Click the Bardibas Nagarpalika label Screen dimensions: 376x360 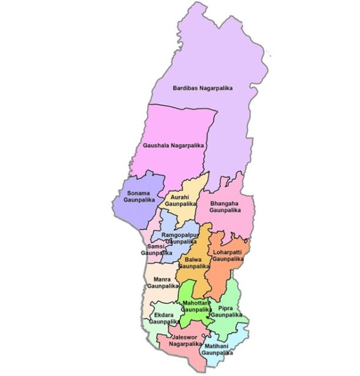point(202,88)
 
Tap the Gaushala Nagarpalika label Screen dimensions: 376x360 point(173,145)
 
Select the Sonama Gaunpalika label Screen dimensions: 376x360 point(138,196)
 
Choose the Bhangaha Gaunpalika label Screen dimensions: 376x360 point(226,206)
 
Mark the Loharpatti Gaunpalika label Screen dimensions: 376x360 point(227,255)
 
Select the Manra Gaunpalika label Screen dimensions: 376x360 point(162,282)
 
